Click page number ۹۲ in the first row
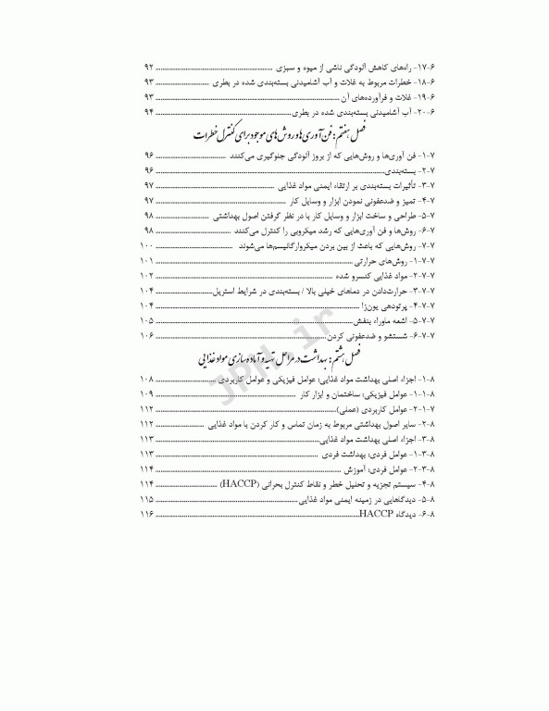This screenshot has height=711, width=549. pyautogui.click(x=148, y=69)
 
